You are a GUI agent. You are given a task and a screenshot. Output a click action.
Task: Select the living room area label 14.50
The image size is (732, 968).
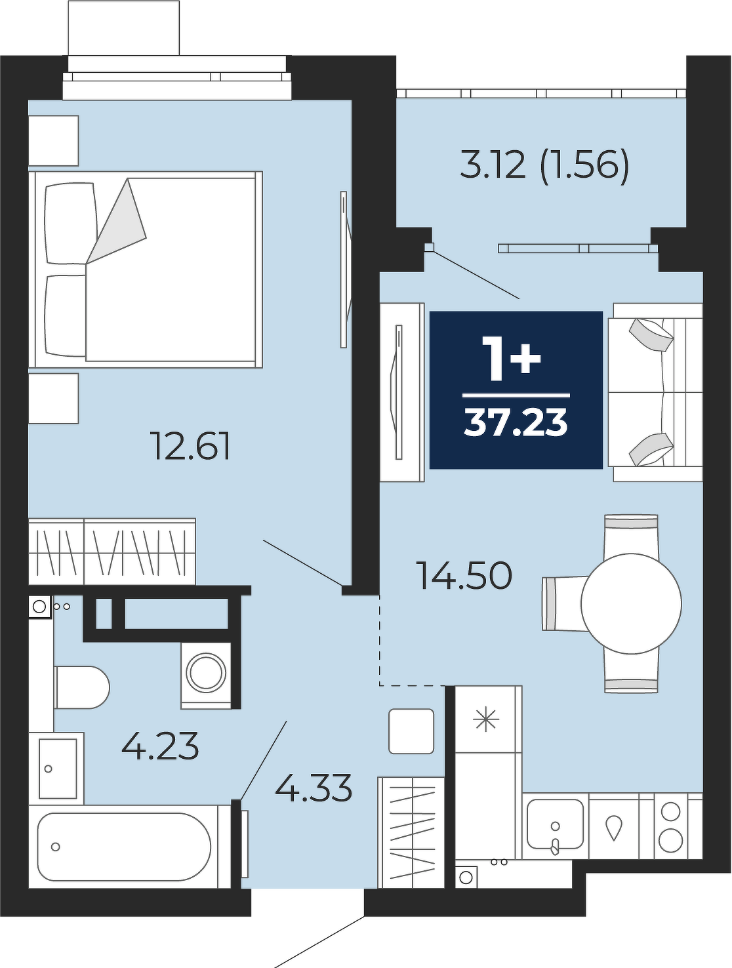point(466,575)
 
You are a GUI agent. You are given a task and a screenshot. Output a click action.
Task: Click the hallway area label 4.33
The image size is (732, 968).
point(314,787)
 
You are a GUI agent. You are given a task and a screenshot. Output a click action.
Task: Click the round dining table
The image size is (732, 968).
point(631,604)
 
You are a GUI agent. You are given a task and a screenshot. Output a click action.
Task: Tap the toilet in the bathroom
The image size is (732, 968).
point(81,687)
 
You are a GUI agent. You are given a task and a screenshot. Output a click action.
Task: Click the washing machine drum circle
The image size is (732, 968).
point(206,674)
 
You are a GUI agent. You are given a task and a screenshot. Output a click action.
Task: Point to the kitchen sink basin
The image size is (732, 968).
point(555,824)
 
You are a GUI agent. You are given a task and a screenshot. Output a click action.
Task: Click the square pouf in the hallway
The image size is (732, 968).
point(411,731)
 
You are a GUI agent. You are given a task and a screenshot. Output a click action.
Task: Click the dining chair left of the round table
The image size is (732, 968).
point(566,604)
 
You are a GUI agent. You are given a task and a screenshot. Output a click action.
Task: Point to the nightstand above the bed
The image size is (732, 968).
point(54,141)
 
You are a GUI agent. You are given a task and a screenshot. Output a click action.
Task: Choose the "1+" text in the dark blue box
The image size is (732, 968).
point(512,358)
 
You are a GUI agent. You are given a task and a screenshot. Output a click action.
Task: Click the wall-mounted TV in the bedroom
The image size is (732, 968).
point(344,270)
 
